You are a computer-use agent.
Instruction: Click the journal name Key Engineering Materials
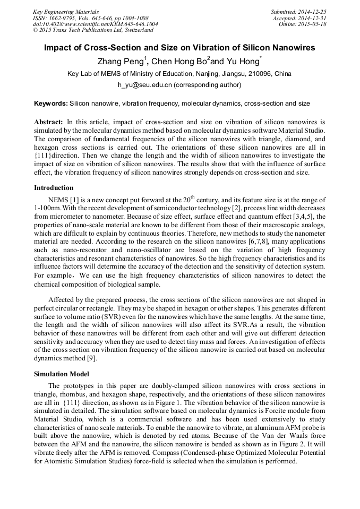pos(66,11)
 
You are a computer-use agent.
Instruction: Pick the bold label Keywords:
pos(51,103)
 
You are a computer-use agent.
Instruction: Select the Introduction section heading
pos(54,187)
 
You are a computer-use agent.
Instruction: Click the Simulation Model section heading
pos(62,374)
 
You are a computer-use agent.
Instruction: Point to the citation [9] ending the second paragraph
pos(102,359)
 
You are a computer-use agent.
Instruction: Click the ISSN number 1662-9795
pos(63,18)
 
